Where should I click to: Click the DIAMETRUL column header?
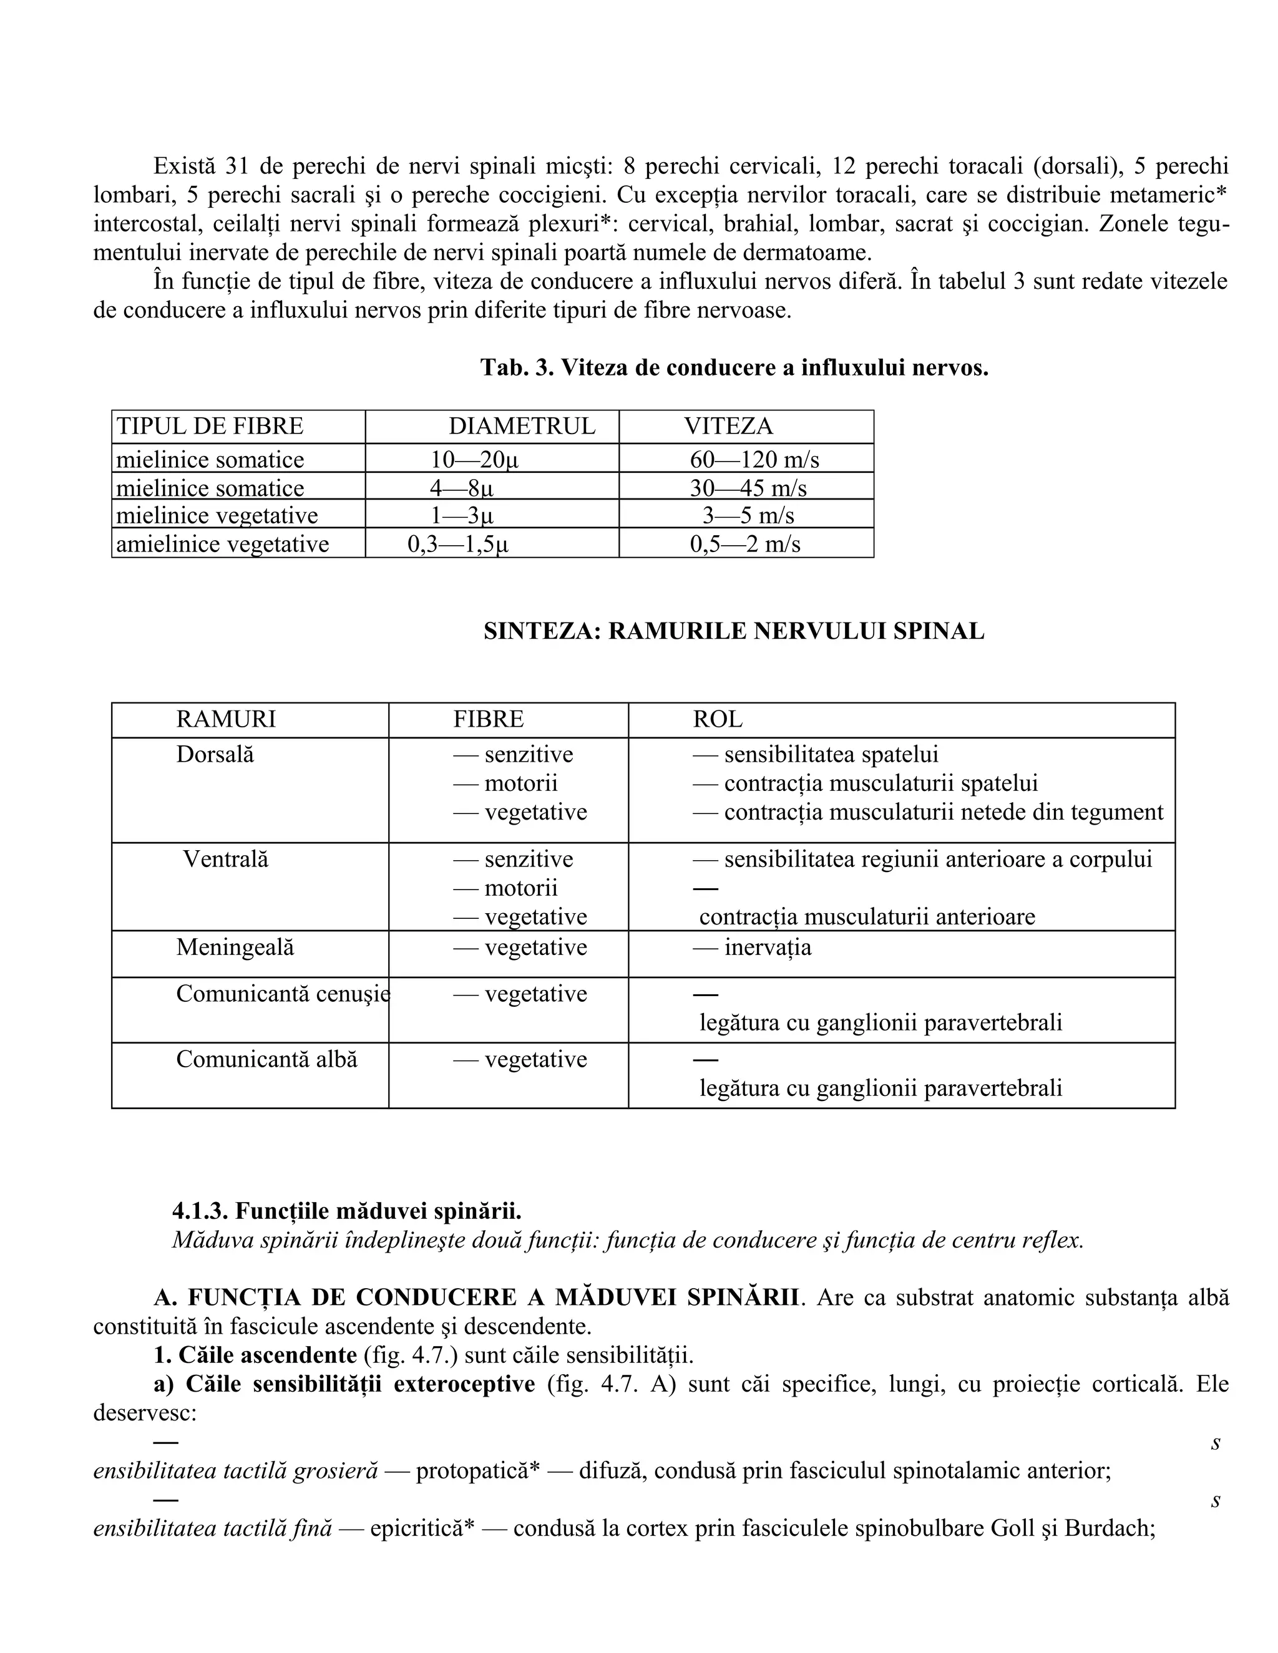(522, 426)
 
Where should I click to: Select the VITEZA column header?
(728, 426)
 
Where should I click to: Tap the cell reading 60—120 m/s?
(754, 460)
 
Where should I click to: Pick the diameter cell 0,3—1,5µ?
(458, 544)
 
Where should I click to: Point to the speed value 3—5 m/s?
(748, 515)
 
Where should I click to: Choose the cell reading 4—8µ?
(461, 487)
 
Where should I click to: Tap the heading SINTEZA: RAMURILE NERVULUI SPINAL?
(734, 631)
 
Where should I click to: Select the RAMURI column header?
(226, 719)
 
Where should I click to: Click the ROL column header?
(717, 719)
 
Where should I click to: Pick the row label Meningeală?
(235, 948)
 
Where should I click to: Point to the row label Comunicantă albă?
(266, 1059)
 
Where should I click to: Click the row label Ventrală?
(226, 859)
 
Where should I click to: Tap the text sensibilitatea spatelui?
(831, 755)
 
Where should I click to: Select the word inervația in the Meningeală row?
(767, 948)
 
